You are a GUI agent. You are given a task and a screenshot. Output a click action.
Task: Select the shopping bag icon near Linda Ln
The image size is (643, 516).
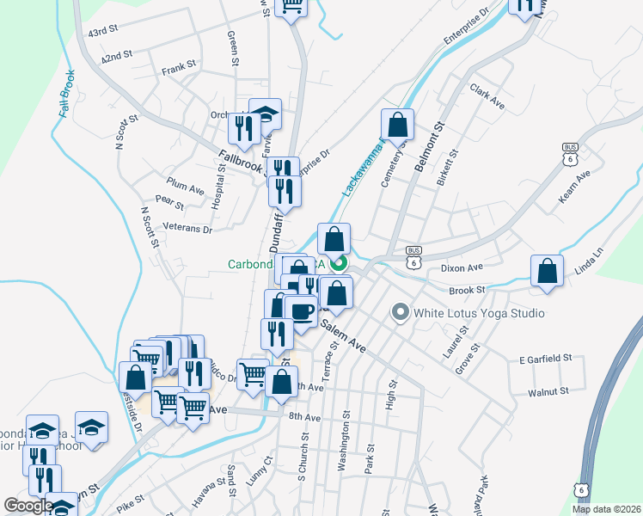click(547, 271)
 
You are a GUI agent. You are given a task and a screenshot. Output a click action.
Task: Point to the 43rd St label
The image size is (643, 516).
click(102, 32)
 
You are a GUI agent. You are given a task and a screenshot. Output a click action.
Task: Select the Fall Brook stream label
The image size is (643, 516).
click(66, 95)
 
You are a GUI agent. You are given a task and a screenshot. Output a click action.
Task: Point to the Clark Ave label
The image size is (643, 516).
click(487, 95)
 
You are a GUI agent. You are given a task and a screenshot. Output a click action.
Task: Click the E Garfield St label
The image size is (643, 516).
click(546, 358)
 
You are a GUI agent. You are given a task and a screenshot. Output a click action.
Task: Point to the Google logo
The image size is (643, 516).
click(28, 506)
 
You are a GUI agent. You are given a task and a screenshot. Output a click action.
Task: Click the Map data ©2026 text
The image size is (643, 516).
click(607, 509)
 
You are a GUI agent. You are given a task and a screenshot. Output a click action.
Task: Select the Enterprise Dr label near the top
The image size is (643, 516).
click(465, 27)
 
